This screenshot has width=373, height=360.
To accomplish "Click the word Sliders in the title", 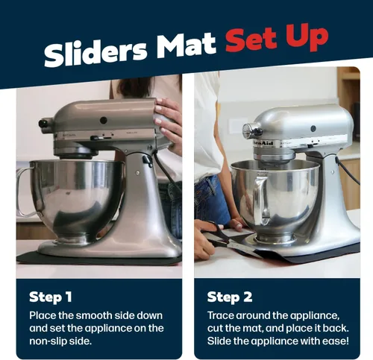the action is click(x=95, y=53).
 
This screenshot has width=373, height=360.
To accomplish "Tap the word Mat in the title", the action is click(x=186, y=45).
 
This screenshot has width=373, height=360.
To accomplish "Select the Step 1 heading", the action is click(x=51, y=297).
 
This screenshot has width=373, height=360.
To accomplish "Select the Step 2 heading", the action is click(x=230, y=297).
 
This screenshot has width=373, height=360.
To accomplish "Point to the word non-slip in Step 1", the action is click(x=48, y=341).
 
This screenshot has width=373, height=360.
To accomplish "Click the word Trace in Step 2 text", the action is click(x=221, y=315).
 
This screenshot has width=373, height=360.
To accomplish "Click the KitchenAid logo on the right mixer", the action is click(x=263, y=143).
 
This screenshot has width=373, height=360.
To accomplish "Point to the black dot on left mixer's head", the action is click(x=104, y=121).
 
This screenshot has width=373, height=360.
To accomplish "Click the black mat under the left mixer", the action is click(x=98, y=259).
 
